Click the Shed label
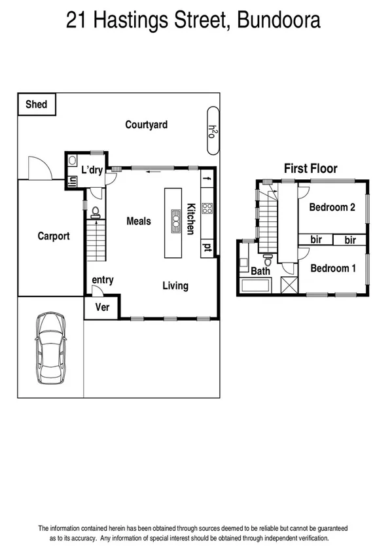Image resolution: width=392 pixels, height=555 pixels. (36, 104)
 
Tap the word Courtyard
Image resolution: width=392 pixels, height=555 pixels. (147, 124)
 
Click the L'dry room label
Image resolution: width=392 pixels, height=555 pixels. (92, 170)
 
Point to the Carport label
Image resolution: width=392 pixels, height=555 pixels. (53, 236)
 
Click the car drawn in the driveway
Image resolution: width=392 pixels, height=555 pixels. (52, 345)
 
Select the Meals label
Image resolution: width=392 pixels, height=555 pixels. (139, 221)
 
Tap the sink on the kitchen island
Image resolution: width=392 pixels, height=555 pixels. (175, 221)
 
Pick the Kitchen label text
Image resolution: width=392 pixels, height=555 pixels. (192, 219)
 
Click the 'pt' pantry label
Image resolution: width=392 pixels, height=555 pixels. (207, 247)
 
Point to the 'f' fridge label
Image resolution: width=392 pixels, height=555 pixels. (208, 178)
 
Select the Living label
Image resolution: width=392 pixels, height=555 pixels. (175, 285)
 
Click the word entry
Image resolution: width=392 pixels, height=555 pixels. (103, 280)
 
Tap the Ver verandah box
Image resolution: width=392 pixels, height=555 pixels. (103, 307)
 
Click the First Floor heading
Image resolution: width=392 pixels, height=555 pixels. (310, 168)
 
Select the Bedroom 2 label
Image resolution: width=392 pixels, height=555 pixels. (332, 207)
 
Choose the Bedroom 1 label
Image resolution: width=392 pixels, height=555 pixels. (332, 268)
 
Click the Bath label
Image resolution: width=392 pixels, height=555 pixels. (260, 271)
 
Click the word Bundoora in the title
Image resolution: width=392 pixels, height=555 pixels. (279, 21)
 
